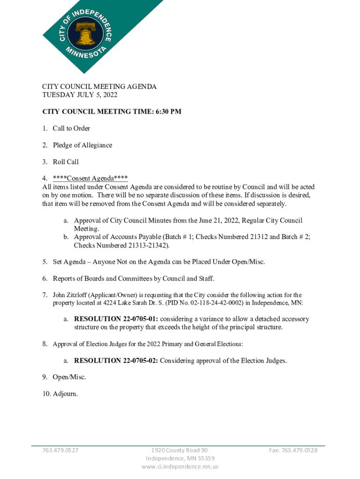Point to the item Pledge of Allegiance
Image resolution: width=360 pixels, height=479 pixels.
click(x=82, y=145)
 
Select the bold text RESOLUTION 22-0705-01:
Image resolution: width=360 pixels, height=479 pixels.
click(x=116, y=319)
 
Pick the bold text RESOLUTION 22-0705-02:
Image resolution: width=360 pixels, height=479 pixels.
click(x=116, y=361)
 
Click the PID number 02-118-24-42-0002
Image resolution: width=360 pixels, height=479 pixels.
click(x=216, y=303)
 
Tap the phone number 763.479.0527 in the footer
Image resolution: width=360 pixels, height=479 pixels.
click(x=60, y=450)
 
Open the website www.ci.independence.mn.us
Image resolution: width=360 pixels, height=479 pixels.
click(x=180, y=466)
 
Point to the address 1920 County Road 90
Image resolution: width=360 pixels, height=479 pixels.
click(x=180, y=450)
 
